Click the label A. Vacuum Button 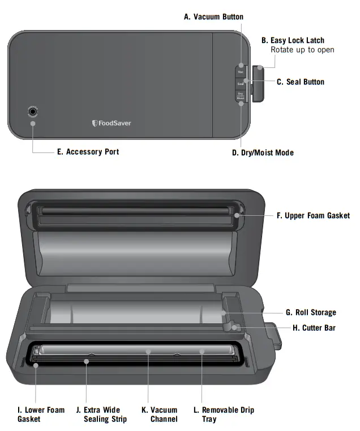click(x=213, y=17)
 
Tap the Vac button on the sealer click(x=241, y=72)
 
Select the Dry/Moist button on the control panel click(x=241, y=96)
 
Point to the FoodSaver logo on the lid click(x=112, y=123)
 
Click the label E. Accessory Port click(x=88, y=152)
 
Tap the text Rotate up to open click(x=302, y=50)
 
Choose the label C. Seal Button click(x=301, y=82)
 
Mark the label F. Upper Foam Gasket click(x=312, y=215)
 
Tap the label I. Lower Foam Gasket click(x=41, y=414)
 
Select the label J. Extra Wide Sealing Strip click(x=105, y=414)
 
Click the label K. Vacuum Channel click(x=164, y=414)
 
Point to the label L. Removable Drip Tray click(x=228, y=414)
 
